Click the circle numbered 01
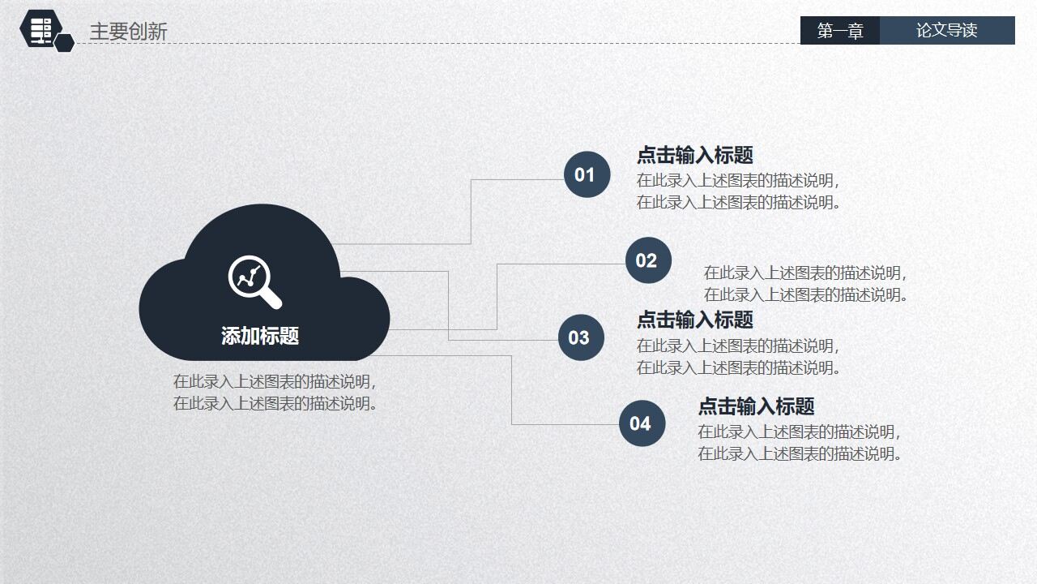coord(587,174)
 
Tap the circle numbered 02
coord(648,260)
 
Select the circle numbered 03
coord(581,337)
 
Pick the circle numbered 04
coord(642,423)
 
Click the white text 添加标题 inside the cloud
coord(260,336)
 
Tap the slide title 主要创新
coord(128,32)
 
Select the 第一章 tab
coord(840,31)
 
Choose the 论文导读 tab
coord(946,31)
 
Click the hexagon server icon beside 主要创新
coord(41,28)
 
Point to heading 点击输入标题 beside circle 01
coord(694,155)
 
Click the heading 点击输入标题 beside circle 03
coord(694,320)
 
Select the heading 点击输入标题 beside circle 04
coord(756,406)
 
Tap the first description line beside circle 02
coord(805,273)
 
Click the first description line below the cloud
coord(275,382)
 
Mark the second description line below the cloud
coord(275,404)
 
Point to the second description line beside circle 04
coord(800,454)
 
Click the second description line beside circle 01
coord(738,203)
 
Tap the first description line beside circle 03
coord(738,346)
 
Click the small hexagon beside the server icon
coord(66,43)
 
